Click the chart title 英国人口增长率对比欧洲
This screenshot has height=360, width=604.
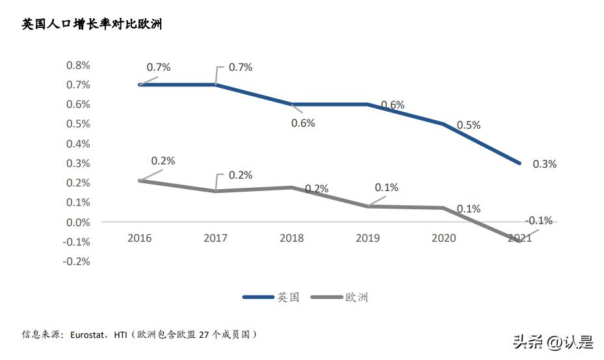pyautogui.click(x=92, y=25)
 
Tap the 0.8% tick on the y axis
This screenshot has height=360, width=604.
pyautogui.click(x=77, y=65)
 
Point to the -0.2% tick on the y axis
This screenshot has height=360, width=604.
pyautogui.click(x=76, y=261)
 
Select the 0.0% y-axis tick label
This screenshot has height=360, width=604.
pyautogui.click(x=77, y=222)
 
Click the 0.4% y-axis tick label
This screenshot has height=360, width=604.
pyautogui.click(x=77, y=144)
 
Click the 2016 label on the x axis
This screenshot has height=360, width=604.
pyautogui.click(x=139, y=238)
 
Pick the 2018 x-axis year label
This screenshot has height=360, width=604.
pyautogui.click(x=291, y=238)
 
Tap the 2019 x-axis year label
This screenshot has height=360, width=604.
pyautogui.click(x=367, y=238)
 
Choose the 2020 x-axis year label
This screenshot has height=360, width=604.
pyautogui.click(x=443, y=238)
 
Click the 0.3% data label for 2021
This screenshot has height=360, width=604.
pyautogui.click(x=544, y=164)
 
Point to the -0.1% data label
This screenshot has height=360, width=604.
pyautogui.click(x=539, y=221)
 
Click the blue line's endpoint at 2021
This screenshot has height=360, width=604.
pyautogui.click(x=519, y=163)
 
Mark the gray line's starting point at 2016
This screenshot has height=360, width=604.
pyautogui.click(x=139, y=180)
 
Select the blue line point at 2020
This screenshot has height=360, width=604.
pyautogui.click(x=443, y=123)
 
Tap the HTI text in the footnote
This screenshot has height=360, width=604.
pyautogui.click(x=121, y=335)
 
